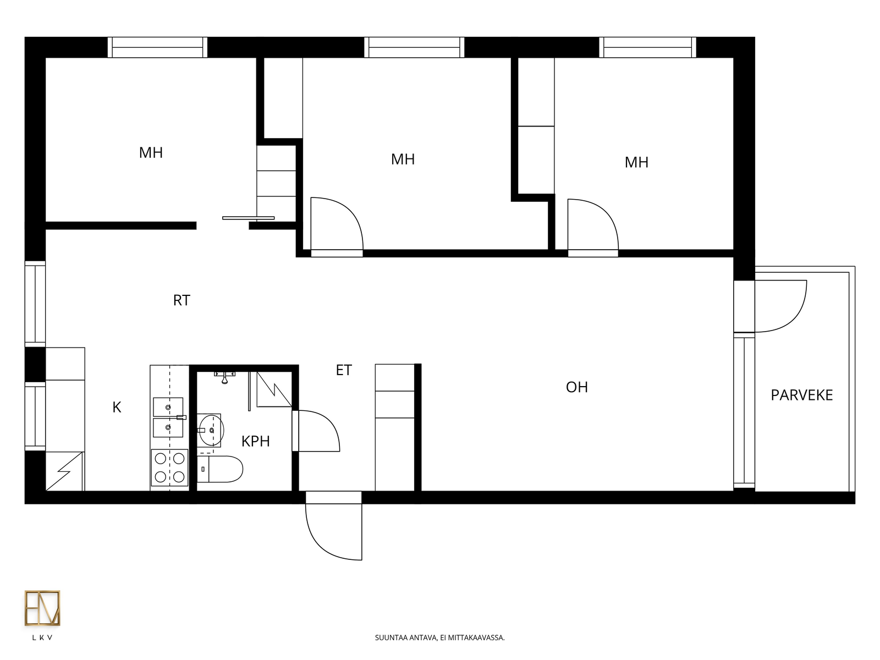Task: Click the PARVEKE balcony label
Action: (801, 395)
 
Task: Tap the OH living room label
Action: (577, 387)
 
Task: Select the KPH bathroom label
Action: (255, 441)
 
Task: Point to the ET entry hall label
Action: (344, 370)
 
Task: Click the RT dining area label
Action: (181, 300)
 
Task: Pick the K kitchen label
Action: (117, 407)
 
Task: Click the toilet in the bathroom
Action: (219, 469)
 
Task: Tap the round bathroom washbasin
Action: (211, 431)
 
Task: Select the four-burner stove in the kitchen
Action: (169, 468)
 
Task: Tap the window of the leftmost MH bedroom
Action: (157, 47)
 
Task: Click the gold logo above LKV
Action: (42, 608)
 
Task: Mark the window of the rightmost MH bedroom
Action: (647, 47)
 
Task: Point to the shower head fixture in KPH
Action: (224, 377)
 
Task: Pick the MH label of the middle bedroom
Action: (403, 159)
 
